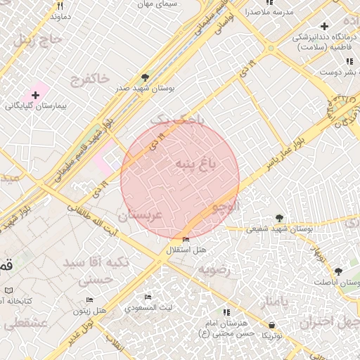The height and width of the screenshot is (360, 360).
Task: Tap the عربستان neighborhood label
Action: coord(140,215)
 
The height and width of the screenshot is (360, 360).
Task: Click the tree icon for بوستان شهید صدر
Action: coord(145,77)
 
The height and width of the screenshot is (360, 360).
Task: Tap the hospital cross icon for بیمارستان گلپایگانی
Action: coord(35,94)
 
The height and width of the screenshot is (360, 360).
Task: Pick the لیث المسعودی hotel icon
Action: coord(148,297)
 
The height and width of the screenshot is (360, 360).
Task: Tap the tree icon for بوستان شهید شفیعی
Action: coord(280,217)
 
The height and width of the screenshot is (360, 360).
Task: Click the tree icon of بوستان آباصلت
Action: coord(338,271)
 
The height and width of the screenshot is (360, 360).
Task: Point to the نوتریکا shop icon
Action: coord(272,325)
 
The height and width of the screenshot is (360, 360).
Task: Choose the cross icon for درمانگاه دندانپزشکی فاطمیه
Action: coord(323,26)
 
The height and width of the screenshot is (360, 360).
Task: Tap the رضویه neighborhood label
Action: coord(214,269)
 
